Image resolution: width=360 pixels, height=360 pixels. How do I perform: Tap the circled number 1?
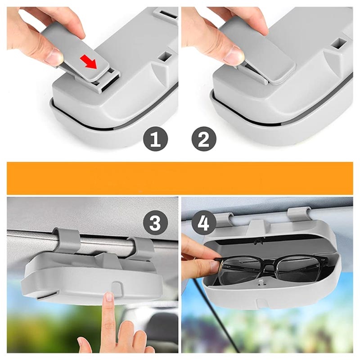point(155,139)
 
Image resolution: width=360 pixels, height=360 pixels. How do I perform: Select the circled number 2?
point(204,139)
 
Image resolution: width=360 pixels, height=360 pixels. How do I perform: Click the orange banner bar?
point(180,178)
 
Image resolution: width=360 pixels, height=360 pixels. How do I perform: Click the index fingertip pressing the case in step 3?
point(109,297)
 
